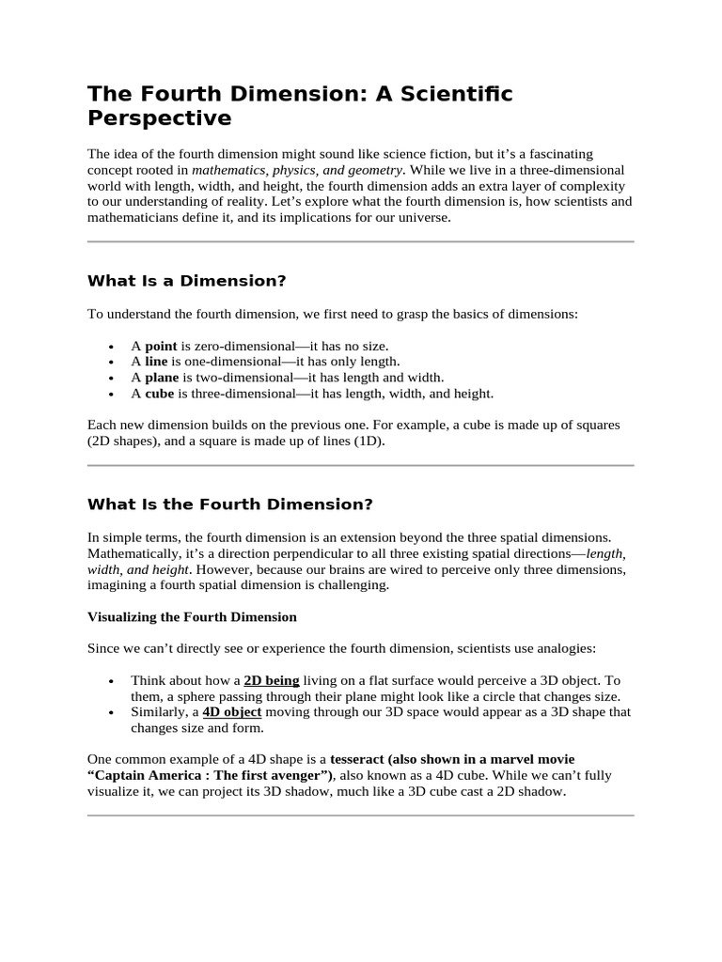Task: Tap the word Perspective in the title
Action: [159, 118]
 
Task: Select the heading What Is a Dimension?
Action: [186, 280]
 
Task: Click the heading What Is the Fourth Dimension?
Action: [229, 504]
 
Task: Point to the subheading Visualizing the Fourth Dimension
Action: [192, 617]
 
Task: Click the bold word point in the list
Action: [161, 346]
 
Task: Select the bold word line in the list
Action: [156, 362]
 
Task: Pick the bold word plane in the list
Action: [162, 378]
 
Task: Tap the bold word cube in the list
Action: [160, 394]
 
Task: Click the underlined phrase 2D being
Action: [272, 680]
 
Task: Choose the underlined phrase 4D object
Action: [232, 712]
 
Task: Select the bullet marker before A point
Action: [112, 347]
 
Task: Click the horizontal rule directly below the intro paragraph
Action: [360, 242]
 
